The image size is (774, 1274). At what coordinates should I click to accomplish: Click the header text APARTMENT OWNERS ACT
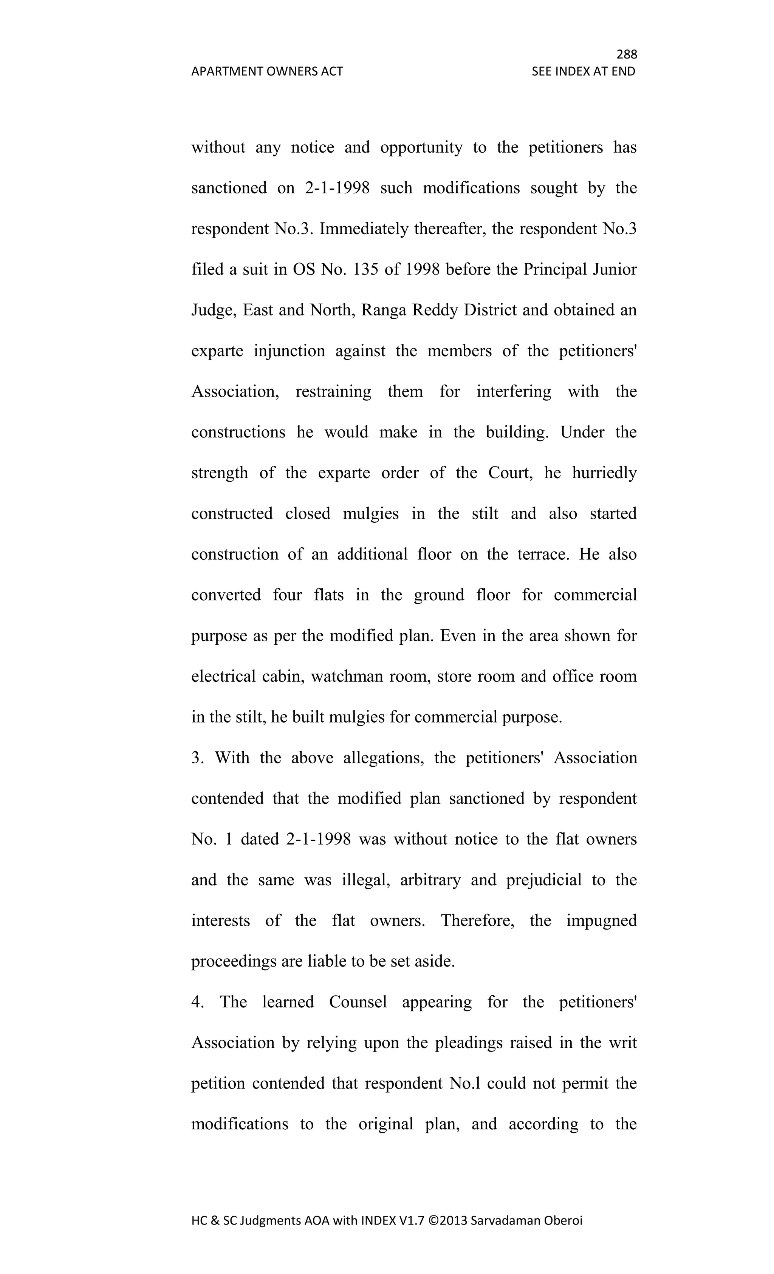tap(267, 71)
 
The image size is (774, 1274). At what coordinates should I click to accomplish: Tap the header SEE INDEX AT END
tap(583, 71)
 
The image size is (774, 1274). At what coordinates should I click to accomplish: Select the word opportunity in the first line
tap(421, 148)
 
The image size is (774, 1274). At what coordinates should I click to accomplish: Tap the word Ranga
tap(383, 310)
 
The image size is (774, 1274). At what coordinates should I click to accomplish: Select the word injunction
tap(289, 351)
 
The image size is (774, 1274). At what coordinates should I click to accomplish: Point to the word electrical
tap(223, 676)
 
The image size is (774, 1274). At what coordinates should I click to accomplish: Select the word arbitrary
tap(430, 880)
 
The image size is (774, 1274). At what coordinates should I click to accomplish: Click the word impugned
tap(601, 921)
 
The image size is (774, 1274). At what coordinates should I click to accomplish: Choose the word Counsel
tap(358, 1002)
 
